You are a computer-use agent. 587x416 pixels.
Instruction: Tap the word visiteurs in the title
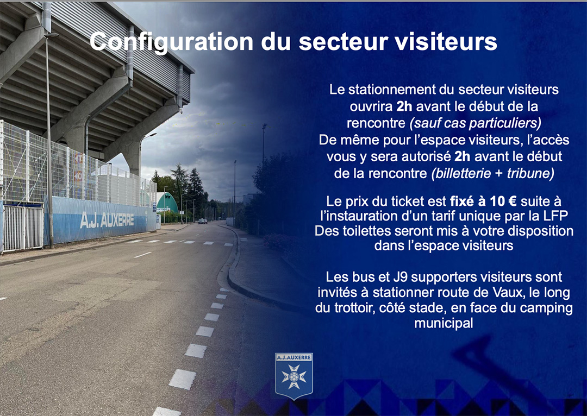(x=446, y=41)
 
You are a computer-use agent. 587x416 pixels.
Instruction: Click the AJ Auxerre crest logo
(x=294, y=376)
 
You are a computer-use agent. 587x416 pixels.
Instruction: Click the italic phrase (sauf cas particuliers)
(x=476, y=123)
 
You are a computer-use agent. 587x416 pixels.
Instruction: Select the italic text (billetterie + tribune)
(x=492, y=174)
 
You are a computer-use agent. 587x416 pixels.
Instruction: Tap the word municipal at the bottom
(x=444, y=323)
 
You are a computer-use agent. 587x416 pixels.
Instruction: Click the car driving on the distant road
(x=202, y=221)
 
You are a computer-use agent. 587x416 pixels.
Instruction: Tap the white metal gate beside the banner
(x=23, y=228)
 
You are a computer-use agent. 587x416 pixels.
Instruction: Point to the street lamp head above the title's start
(x=52, y=35)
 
